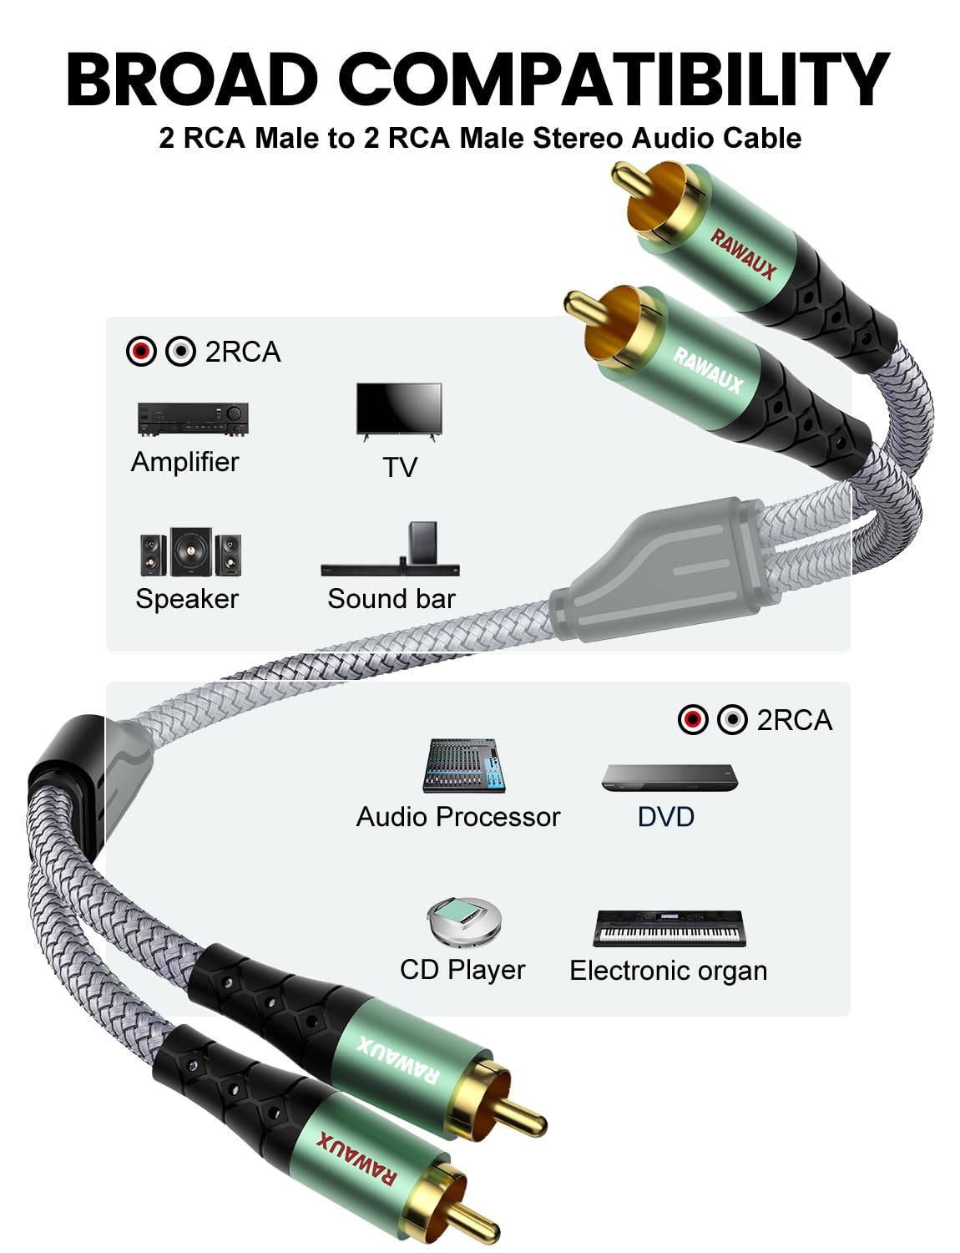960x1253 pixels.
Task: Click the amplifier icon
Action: (193, 419)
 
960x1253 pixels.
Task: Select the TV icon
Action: (399, 410)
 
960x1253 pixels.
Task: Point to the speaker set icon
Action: (191, 552)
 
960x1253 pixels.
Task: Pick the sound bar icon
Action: (390, 550)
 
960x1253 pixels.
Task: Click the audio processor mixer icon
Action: (465, 765)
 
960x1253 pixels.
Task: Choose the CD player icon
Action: (463, 922)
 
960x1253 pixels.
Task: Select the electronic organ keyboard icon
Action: (669, 928)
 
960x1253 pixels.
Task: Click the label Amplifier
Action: (184, 462)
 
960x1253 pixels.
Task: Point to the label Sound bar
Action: (391, 599)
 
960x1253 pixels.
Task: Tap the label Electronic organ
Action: (668, 971)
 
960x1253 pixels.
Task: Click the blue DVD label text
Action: (665, 816)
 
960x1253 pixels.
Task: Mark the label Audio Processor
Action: (457, 816)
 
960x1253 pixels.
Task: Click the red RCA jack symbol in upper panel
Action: (141, 352)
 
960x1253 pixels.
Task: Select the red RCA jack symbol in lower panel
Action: (693, 719)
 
